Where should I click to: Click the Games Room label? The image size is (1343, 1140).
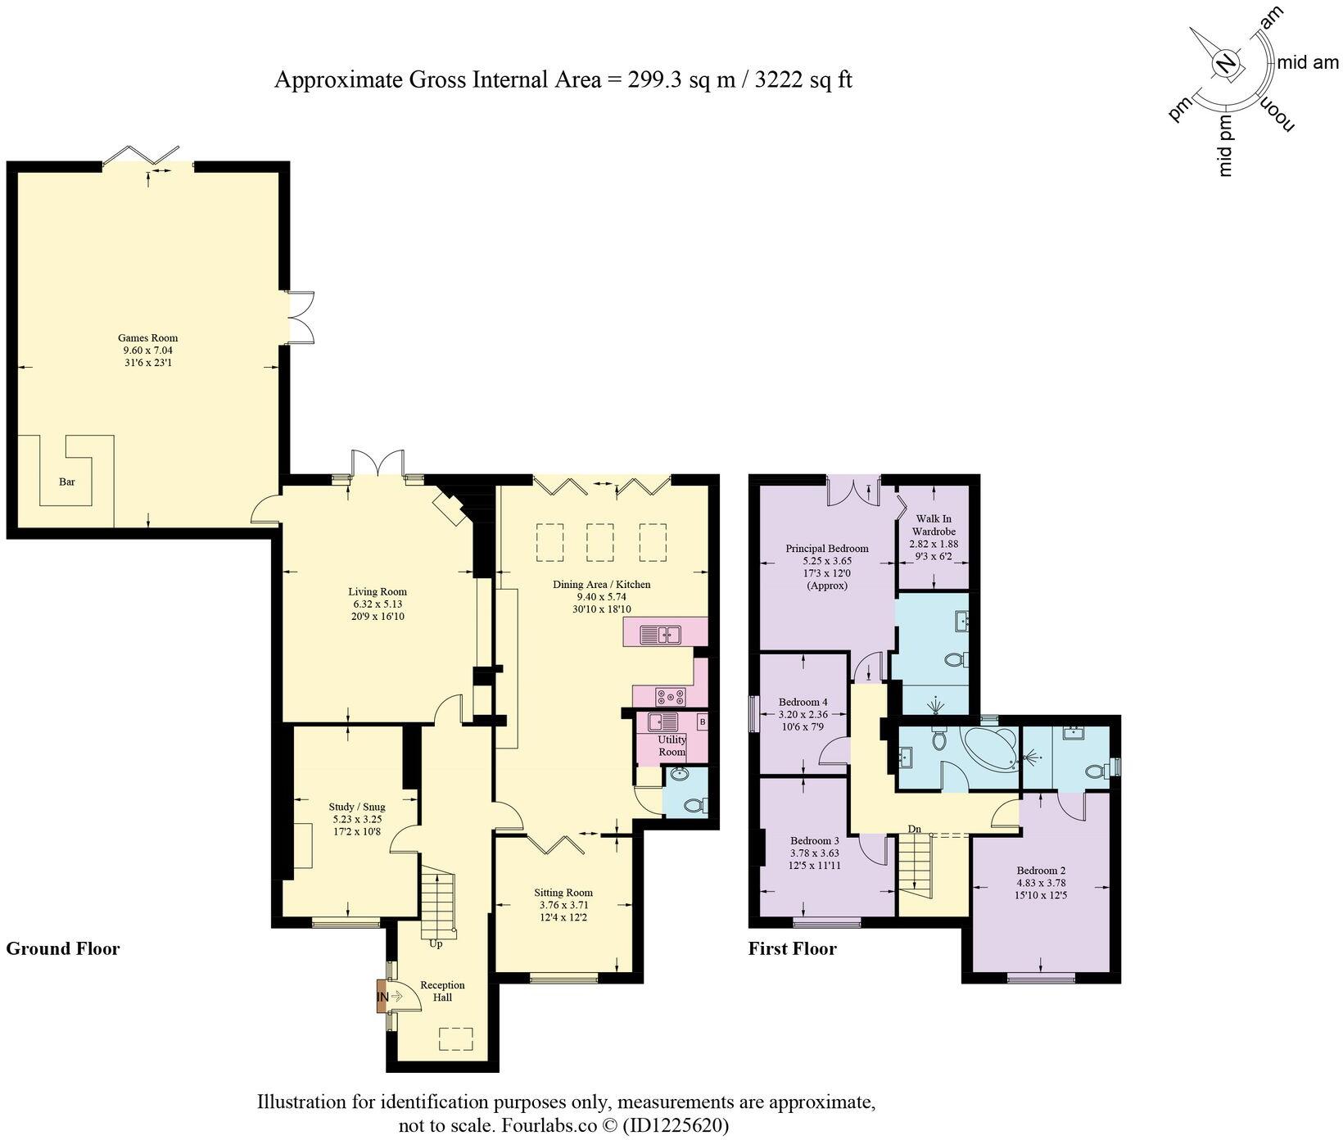pyautogui.click(x=147, y=337)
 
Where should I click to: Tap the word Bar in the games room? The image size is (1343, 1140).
pyautogui.click(x=67, y=482)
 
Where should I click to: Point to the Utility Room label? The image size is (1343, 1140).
pyautogui.click(x=671, y=745)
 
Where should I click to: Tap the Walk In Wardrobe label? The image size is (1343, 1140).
pyautogui.click(x=934, y=525)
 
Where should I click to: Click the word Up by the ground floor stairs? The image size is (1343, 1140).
pyautogui.click(x=436, y=943)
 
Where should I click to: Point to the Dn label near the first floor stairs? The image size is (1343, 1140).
pyautogui.click(x=915, y=829)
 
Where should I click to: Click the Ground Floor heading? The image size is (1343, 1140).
pyautogui.click(x=63, y=948)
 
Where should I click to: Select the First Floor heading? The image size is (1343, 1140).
pyautogui.click(x=792, y=948)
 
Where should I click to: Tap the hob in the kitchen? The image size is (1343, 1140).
pyautogui.click(x=670, y=696)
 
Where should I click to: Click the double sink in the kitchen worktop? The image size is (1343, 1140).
pyautogui.click(x=661, y=633)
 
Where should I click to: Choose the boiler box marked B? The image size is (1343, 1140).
pyautogui.click(x=702, y=722)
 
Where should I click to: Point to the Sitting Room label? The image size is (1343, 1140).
pyautogui.click(x=563, y=893)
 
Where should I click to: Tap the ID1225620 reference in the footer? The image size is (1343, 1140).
pyautogui.click(x=675, y=1124)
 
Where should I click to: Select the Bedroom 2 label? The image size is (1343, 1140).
pyautogui.click(x=1041, y=871)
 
